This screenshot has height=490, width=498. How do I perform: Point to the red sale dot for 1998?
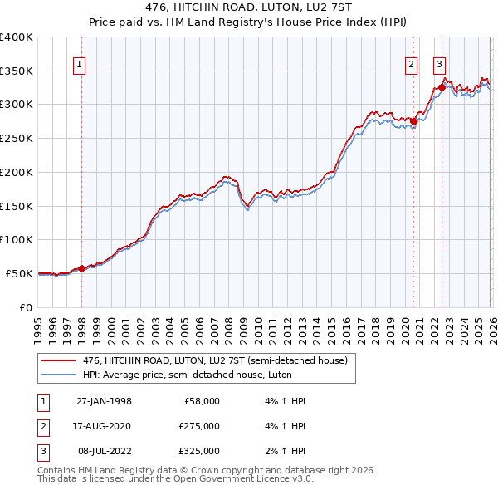coord(82,268)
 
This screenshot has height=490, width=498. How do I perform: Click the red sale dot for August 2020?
coord(413,121)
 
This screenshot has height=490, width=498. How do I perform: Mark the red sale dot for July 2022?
coord(442,87)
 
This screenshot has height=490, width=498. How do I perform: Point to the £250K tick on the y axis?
coord(17,139)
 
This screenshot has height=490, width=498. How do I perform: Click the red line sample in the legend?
coord(60,360)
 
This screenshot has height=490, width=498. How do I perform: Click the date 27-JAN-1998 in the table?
coord(104,401)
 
